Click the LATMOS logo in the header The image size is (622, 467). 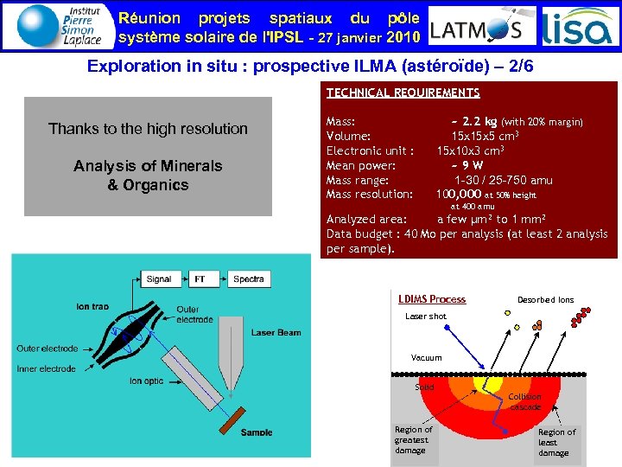pos(477,29)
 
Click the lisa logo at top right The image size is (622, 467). pos(578,28)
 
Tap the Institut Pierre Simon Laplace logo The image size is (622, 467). pos(58,26)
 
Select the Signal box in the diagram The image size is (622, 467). pos(158,279)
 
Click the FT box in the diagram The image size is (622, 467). pos(200,279)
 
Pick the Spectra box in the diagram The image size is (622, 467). pos(249,279)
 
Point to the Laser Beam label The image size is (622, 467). pos(276,332)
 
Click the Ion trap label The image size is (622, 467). pos(92,306)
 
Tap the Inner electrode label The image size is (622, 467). pos(46,368)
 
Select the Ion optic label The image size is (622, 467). pos(147,381)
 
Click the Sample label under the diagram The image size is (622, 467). pos(257,432)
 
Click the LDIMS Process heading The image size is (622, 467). pos(431,299)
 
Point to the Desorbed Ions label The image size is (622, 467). pos(545,300)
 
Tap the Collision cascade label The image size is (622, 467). pos(525,401)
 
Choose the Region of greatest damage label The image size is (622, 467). pos(413,439)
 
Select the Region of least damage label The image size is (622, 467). pos(556,442)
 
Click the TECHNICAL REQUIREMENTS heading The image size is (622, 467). pos(403,93)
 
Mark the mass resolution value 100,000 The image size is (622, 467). pos(458,194)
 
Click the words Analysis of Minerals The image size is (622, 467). pos(148,165)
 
